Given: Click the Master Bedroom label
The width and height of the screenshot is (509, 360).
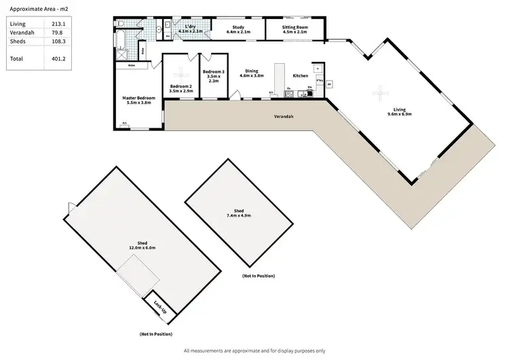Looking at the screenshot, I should click(138, 98).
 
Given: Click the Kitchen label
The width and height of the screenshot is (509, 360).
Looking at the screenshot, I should click(301, 75).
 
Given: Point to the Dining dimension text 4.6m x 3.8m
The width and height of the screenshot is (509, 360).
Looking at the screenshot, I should click(252, 75).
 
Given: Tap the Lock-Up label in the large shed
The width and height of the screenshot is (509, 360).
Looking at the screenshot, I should click(160, 306).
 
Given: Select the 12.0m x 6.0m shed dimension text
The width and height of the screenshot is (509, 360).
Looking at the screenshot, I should click(143, 248).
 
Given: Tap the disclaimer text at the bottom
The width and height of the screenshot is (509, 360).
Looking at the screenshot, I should click(254, 350).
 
